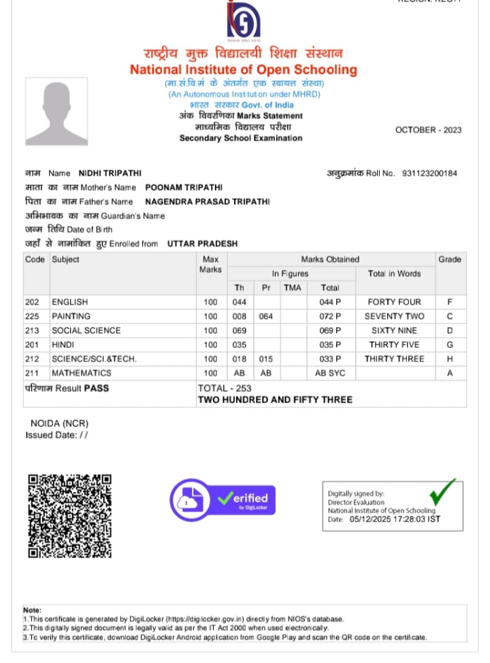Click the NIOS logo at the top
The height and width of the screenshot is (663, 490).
tap(243, 21)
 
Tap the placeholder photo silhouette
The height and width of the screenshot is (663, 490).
tap(56, 110)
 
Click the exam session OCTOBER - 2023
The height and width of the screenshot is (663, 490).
tap(428, 130)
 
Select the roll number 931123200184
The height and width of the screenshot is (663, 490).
tap(429, 174)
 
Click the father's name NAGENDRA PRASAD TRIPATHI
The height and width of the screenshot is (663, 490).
tap(207, 201)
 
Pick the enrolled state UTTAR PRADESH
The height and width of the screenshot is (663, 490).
tap(202, 243)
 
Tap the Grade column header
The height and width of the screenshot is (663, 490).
tap(449, 259)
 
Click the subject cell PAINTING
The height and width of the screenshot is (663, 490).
tap(71, 316)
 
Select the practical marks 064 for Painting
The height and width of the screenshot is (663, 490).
tap(266, 316)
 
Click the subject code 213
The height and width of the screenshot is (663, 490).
tap(32, 330)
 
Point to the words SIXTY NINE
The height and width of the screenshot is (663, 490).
tap(394, 330)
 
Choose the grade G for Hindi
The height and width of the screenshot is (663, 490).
tap(449, 344)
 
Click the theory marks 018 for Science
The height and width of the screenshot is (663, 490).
tap(239, 359)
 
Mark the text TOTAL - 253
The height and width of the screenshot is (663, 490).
tap(225, 388)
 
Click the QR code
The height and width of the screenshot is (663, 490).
tap(69, 515)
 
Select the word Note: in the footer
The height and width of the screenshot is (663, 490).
tap(32, 610)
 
